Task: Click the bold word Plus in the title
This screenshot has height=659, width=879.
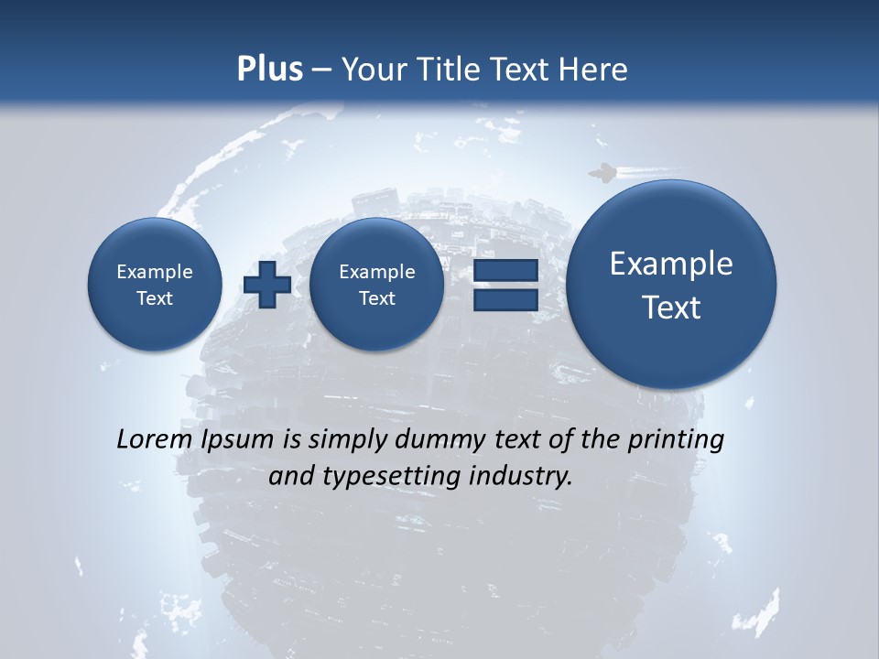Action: (x=269, y=70)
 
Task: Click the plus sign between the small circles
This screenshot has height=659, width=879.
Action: (x=267, y=285)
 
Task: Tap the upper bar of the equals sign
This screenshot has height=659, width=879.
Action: (x=505, y=270)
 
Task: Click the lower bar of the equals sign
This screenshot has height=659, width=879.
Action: (x=505, y=300)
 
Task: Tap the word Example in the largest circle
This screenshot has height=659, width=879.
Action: (x=671, y=264)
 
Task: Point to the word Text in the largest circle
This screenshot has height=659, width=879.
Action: (x=671, y=308)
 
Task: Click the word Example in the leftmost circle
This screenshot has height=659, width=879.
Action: (x=154, y=272)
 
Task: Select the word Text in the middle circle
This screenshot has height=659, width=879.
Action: (x=376, y=298)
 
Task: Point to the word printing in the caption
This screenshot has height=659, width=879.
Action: (x=675, y=440)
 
